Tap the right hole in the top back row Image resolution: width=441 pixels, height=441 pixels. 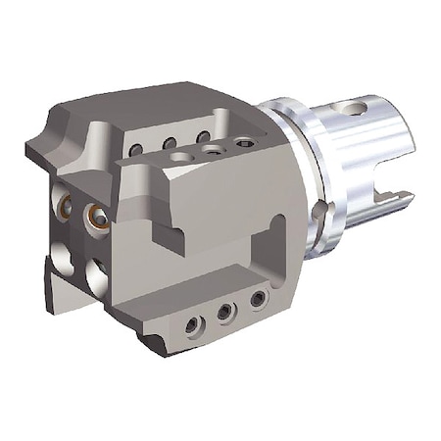click(x=204, y=136)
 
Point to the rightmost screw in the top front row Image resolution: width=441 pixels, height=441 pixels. click(x=243, y=143)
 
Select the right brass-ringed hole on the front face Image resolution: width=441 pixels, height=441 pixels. click(x=98, y=215)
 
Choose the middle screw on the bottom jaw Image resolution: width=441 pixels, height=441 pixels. click(x=225, y=311)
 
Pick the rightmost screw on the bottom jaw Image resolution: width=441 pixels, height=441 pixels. click(x=257, y=298)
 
